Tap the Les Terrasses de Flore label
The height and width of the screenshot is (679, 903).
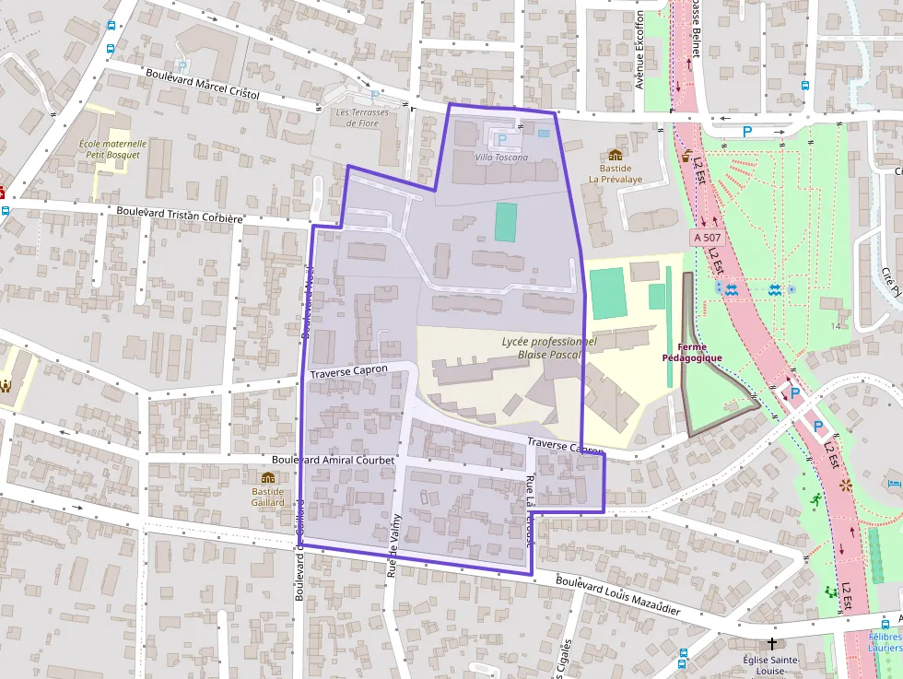(x=362, y=118)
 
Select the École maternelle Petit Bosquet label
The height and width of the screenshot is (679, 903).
(x=112, y=149)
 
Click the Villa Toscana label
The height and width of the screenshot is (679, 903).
(x=501, y=158)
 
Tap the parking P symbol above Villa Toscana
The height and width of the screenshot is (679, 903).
(x=501, y=140)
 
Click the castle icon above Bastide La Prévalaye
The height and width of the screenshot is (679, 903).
(x=615, y=155)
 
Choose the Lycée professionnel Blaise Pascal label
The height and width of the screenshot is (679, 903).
(x=549, y=347)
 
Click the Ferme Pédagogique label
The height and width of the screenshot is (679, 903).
(x=692, y=352)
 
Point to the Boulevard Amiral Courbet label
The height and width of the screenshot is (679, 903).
(x=333, y=459)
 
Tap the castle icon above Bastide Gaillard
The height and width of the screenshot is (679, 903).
(x=268, y=477)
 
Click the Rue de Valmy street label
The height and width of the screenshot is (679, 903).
(x=393, y=539)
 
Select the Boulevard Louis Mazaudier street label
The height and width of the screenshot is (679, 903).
(x=618, y=596)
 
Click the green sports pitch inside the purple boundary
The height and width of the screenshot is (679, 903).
(x=506, y=222)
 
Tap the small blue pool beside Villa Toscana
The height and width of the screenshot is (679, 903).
(x=543, y=133)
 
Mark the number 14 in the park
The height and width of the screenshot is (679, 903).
(x=836, y=326)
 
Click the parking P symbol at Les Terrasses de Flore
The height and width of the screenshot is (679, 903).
(x=374, y=96)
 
